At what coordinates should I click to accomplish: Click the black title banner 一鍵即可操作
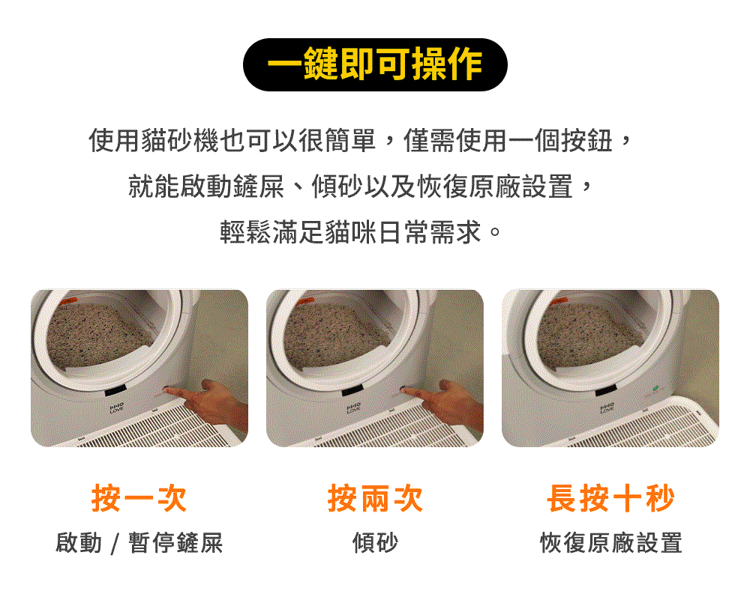coord(375,65)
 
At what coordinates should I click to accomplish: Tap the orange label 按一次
coord(139,498)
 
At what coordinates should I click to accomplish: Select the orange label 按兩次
coord(375,498)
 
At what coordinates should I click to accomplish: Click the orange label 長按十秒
coord(610,498)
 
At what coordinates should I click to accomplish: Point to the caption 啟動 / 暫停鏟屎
coord(139,542)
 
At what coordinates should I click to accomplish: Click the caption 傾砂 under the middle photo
coord(375,542)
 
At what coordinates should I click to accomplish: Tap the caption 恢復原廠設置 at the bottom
coord(610,542)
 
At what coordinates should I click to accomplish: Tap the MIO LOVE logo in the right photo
coord(605,407)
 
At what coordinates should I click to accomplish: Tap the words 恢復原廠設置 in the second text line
coord(493,186)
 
